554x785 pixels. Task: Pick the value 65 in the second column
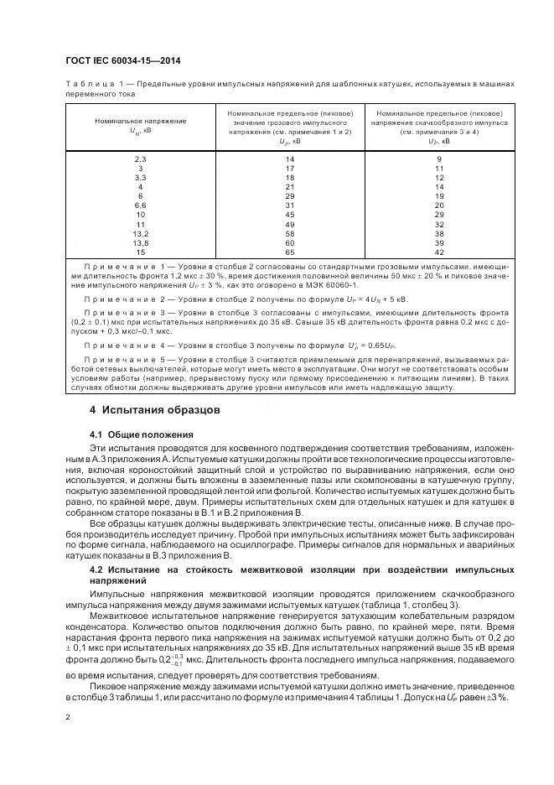tap(290, 251)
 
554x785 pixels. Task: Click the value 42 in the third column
tap(439, 251)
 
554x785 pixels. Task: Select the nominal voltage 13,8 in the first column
tap(140, 242)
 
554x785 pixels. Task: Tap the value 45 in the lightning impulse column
tap(290, 214)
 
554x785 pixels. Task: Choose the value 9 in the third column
tap(439, 159)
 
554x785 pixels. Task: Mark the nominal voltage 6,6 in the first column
tap(140, 205)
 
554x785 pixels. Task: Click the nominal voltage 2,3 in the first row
tap(140, 159)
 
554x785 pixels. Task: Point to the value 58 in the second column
tap(290, 233)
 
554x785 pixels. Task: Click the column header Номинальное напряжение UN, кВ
tap(140, 126)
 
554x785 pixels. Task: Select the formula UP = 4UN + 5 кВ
tap(369, 299)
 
